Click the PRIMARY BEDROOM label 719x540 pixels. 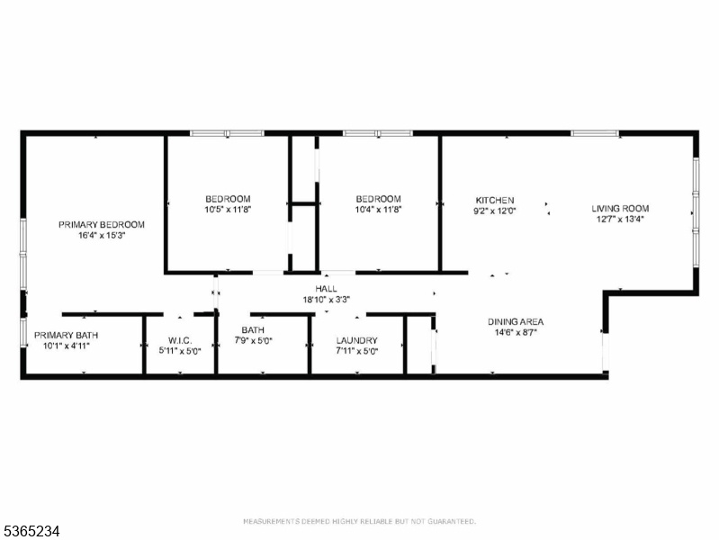click(x=102, y=225)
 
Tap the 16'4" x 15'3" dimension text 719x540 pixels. click(x=102, y=236)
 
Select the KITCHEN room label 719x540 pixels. click(x=495, y=201)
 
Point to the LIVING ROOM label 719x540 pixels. click(x=620, y=208)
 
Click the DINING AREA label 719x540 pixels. click(x=516, y=321)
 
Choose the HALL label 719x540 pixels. click(x=326, y=289)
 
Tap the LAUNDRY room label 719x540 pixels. click(x=356, y=340)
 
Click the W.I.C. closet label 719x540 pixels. click(x=180, y=340)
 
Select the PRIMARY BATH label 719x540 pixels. click(x=66, y=336)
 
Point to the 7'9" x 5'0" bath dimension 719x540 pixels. click(x=253, y=341)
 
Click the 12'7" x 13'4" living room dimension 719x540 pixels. click(x=620, y=219)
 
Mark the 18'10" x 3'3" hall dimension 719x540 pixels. click(x=327, y=300)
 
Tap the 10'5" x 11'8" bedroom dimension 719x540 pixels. click(x=228, y=210)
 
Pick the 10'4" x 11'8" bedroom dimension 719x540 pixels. click(x=378, y=210)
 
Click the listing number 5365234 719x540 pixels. click(x=31, y=532)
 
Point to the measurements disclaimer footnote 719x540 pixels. click(x=360, y=522)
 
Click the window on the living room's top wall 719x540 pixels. click(x=595, y=133)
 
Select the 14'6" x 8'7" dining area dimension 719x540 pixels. click(x=516, y=332)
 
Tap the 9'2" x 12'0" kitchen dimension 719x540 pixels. click(x=495, y=211)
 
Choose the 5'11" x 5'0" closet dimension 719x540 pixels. click(x=180, y=351)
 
